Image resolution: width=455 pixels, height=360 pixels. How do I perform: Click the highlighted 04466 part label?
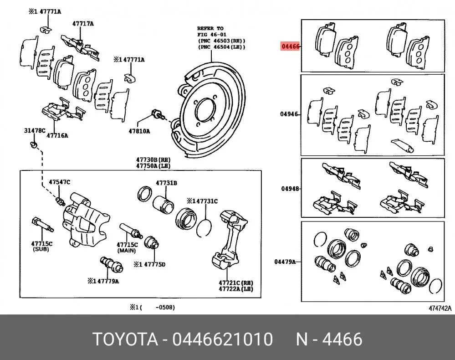coord(290,46)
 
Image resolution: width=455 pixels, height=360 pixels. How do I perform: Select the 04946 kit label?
coord(289,114)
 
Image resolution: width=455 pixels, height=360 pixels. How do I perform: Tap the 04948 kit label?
coord(290,189)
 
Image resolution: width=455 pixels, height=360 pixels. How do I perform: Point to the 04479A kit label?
coord(285,262)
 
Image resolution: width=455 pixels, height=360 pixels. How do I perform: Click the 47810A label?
coord(139,131)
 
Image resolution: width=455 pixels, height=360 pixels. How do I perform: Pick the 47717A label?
coord(83,24)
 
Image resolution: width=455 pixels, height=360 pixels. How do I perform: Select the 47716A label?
coord(57,135)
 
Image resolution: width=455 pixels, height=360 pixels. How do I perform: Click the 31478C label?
coord(35,131)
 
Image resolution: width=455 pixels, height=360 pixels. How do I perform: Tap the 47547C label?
coord(60,182)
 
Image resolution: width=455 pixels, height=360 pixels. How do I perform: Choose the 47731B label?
coord(166,183)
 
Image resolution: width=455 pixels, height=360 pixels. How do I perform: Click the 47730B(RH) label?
coord(153,159)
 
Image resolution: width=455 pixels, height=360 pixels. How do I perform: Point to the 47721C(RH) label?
coord(236,283)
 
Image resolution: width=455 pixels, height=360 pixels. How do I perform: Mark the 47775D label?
coord(155,264)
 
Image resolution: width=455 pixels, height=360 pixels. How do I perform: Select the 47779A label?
coord(108,281)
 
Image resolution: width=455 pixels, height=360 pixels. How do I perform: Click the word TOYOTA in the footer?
coord(125,339)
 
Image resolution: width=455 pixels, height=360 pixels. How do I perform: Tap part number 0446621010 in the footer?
coord(223,339)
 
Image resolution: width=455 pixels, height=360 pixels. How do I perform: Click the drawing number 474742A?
coord(440,309)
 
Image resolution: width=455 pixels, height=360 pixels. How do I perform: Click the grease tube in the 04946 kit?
coord(402,145)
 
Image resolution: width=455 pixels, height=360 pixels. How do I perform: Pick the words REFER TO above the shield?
coord(210,28)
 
